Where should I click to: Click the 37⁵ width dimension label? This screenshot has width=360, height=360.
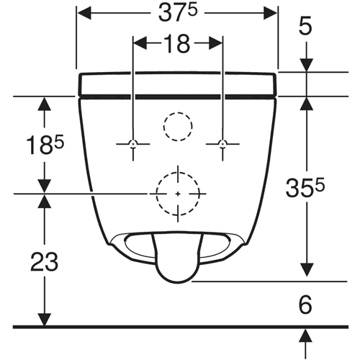[x=178, y=14]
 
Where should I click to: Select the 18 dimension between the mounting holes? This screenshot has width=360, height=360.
[x=178, y=44]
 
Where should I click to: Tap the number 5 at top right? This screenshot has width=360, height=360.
[x=305, y=26]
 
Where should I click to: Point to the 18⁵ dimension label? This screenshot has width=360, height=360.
[x=45, y=145]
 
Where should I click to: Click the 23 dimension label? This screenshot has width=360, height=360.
[x=45, y=262]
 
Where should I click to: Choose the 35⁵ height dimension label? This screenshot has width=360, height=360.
[x=305, y=187]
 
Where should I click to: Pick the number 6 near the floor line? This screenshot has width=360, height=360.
[x=305, y=305]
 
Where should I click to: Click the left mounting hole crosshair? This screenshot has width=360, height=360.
[x=133, y=144]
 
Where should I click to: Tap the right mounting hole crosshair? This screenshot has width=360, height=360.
[x=223, y=144]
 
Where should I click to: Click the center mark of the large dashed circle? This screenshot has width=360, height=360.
[x=178, y=194]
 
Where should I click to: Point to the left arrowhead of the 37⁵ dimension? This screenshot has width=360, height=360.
[x=84, y=13]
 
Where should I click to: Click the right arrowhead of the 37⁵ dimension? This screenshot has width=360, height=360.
[x=270, y=13]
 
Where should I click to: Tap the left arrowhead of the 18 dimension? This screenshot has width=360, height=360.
[x=140, y=43]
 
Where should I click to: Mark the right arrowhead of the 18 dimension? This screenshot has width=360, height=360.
[x=215, y=43]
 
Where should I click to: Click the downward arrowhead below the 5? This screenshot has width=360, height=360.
[x=306, y=65]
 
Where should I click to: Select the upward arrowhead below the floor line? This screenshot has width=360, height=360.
[x=306, y=336]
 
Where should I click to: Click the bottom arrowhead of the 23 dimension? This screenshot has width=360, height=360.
[x=45, y=320]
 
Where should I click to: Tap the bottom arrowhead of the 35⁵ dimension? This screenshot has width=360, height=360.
[x=307, y=269]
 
